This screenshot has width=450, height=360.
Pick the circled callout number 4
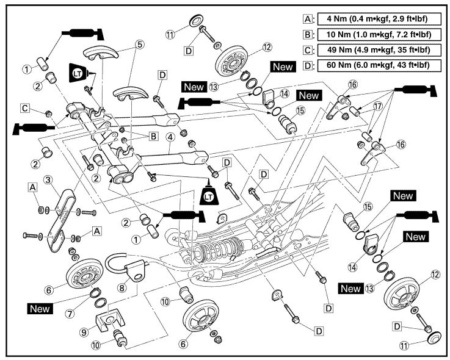[x=169, y=138]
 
